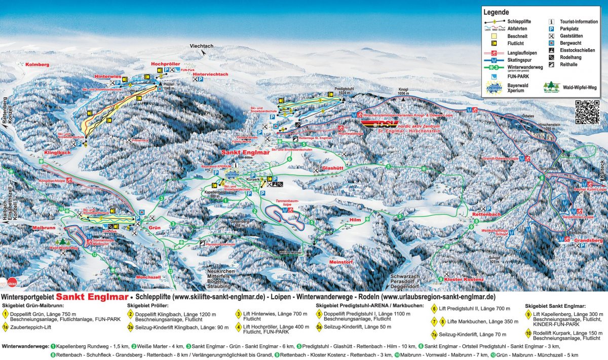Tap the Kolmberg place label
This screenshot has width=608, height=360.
pos(35,65)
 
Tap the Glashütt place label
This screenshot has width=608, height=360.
pos(332,168)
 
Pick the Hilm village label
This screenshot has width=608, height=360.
pos(355,220)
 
